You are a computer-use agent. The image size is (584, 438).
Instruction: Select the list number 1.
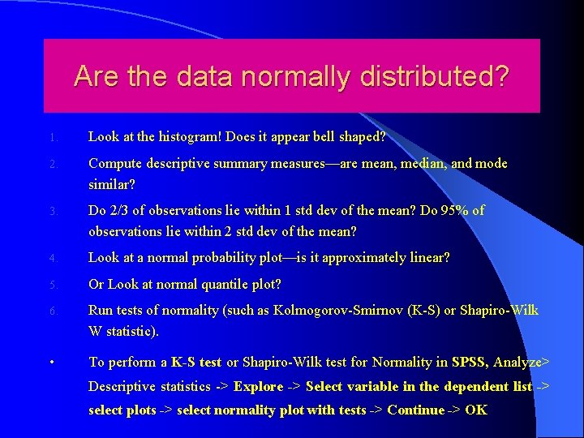(x=52, y=138)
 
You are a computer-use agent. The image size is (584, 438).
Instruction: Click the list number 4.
(x=52, y=259)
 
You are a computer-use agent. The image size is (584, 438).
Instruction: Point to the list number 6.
(x=52, y=311)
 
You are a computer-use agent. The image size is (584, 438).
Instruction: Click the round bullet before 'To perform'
(x=52, y=362)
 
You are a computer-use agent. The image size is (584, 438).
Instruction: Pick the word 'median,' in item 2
(x=417, y=164)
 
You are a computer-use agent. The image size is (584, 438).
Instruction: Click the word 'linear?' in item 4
(x=427, y=258)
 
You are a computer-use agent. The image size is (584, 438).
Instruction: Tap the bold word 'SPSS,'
(x=470, y=362)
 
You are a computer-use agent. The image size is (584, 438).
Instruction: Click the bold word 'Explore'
(x=259, y=386)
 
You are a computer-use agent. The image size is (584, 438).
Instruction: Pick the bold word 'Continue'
(x=416, y=410)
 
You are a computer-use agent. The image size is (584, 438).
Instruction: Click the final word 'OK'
(x=476, y=410)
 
